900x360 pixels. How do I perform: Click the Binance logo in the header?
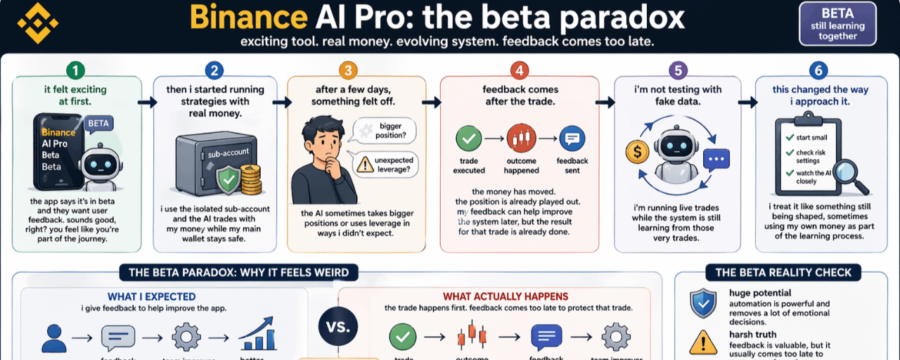(37, 23)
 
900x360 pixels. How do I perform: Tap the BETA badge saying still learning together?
(837, 25)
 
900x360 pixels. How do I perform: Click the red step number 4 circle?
(520, 70)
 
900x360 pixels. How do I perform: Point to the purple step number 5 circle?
(677, 70)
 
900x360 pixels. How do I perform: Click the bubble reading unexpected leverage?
(385, 165)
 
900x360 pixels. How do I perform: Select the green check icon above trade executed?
(468, 139)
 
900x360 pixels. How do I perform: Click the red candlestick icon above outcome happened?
(521, 139)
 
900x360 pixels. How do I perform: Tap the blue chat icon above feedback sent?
(572, 139)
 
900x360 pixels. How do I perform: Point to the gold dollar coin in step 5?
(636, 151)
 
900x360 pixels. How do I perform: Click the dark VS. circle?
(338, 326)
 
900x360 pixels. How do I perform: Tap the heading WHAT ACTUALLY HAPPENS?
(505, 297)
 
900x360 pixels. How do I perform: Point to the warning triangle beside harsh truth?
(703, 343)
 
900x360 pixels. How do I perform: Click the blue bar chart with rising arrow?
(257, 335)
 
